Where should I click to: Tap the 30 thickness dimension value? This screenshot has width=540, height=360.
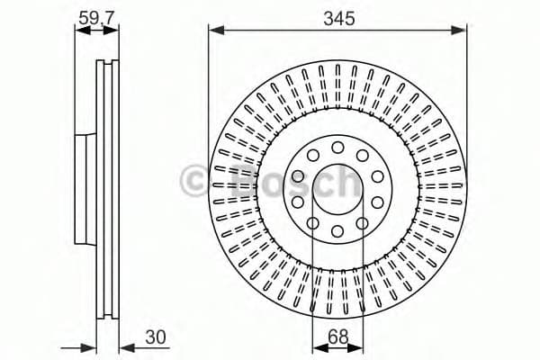pos(156,338)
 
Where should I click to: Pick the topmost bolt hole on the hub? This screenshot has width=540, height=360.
pos(337,147)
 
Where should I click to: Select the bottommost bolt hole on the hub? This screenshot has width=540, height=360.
pos(337,231)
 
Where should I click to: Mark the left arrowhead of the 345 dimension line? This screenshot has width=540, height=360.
pos(214,31)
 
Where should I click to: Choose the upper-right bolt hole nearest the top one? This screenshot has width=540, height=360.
pos(362,155)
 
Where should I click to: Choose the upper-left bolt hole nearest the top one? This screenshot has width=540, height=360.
pos(311,155)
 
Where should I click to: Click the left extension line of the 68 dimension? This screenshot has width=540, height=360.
pos(312,288)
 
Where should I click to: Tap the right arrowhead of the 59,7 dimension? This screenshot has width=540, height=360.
pos(113,30)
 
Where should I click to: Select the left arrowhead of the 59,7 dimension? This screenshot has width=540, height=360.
pos(79,30)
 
